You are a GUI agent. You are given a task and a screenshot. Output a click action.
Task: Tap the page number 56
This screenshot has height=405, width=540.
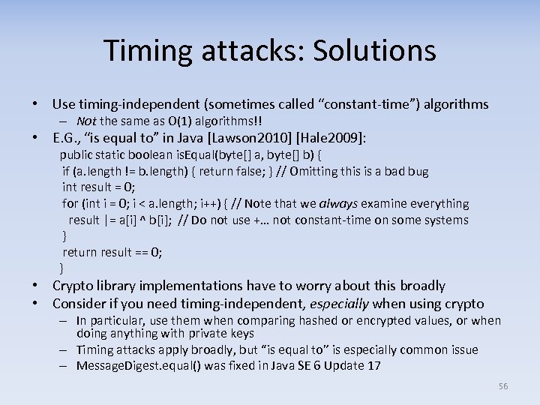(x=503, y=385)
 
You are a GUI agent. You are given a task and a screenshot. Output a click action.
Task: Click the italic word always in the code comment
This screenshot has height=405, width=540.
(x=338, y=203)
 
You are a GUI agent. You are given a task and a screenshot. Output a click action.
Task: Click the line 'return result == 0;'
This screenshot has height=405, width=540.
(x=112, y=252)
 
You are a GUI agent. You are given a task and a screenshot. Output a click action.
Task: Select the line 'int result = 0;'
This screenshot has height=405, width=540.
(x=98, y=187)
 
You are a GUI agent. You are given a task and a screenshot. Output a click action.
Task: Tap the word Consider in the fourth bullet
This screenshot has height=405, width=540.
(x=80, y=304)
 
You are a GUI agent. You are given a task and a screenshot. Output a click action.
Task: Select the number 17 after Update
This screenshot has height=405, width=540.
(x=373, y=365)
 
